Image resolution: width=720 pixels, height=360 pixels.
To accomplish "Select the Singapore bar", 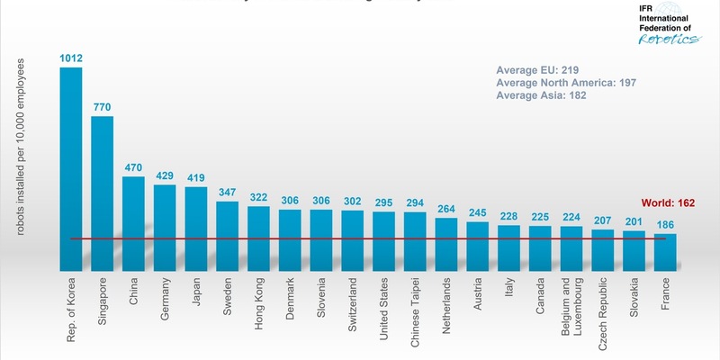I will coord(103,193).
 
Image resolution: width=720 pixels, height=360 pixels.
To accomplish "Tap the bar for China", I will coord(133,223).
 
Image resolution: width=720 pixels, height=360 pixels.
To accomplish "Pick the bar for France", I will coord(665,252).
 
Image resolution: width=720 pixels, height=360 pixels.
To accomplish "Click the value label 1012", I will coord(71,58).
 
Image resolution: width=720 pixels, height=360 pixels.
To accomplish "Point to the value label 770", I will coord(103,107).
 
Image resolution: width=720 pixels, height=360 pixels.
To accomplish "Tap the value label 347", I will coord(228,193).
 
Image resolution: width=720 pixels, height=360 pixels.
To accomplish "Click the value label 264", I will coord(446,210).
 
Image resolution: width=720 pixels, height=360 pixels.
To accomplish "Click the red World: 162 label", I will coord(668,203).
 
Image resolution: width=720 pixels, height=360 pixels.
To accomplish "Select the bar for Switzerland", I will coord(353,240).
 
